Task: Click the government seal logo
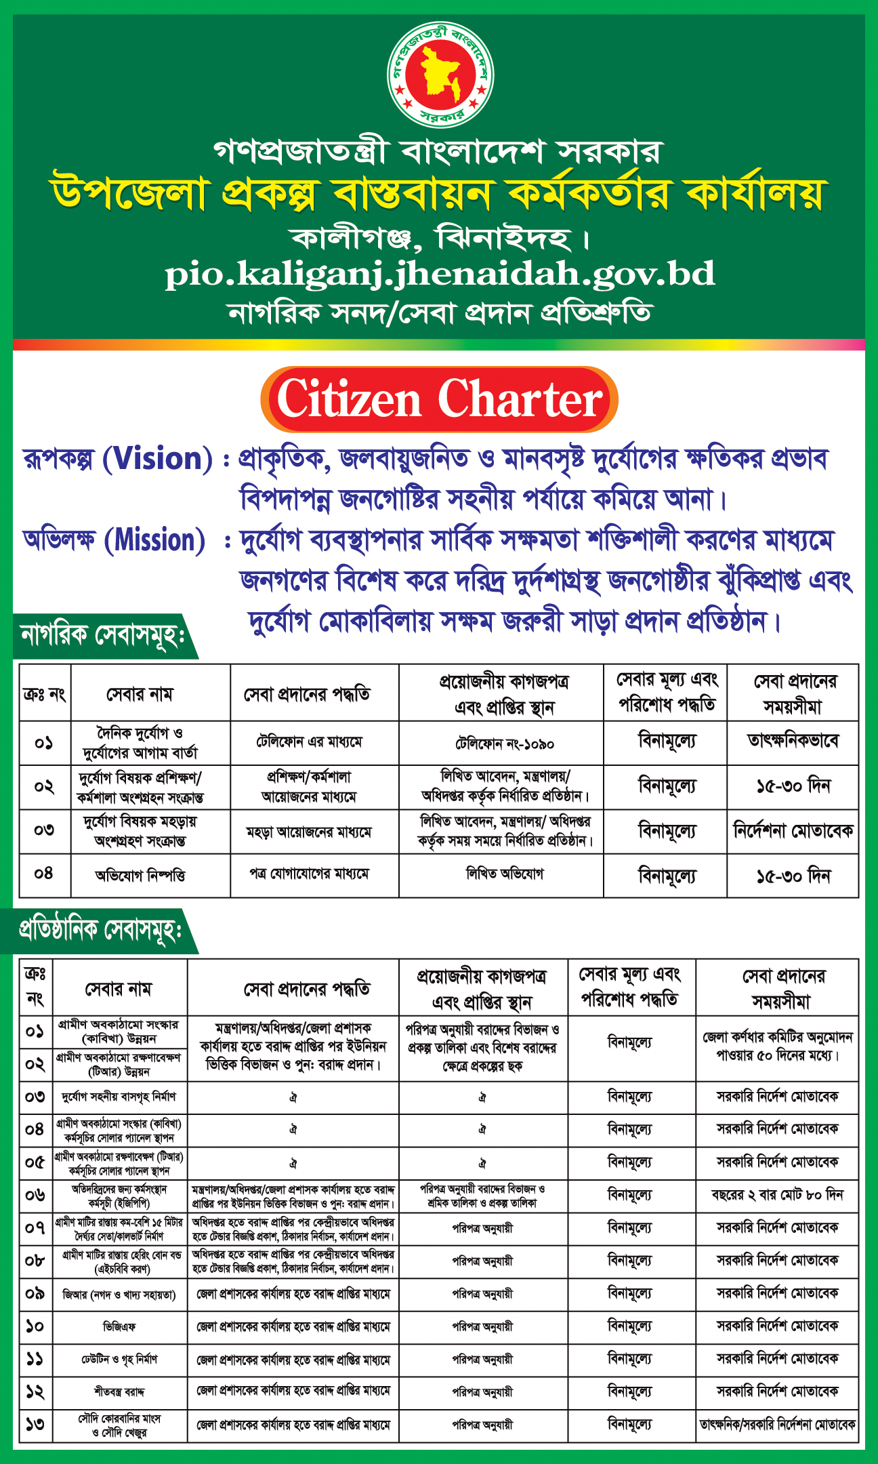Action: [440, 75]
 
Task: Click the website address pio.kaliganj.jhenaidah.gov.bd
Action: [440, 274]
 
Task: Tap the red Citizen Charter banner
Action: [439, 399]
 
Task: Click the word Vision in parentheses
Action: [157, 459]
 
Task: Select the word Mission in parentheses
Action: [155, 540]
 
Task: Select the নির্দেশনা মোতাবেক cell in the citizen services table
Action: [793, 830]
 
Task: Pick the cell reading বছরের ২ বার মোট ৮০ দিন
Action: [777, 1194]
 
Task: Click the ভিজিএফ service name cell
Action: [119, 1326]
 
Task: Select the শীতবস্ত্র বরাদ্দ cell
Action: [119, 1391]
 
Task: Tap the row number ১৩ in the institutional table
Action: [35, 1424]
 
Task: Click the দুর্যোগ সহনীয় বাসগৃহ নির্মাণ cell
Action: [119, 1097]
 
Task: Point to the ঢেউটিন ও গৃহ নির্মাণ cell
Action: [119, 1359]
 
